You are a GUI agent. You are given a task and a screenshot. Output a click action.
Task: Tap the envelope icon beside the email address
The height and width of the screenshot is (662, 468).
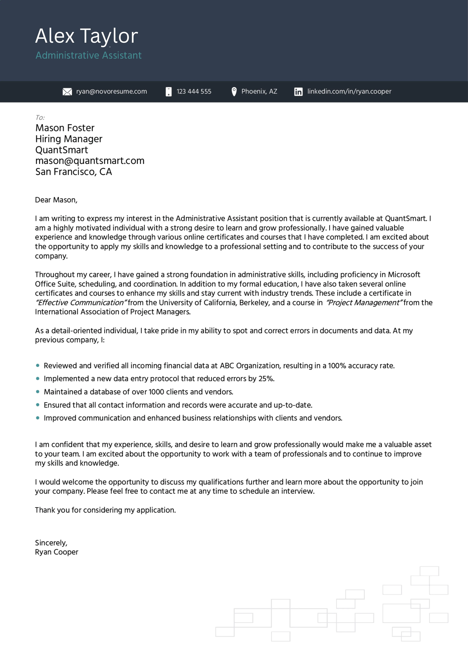(x=67, y=92)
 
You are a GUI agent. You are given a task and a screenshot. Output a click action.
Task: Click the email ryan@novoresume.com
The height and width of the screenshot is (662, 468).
(x=111, y=91)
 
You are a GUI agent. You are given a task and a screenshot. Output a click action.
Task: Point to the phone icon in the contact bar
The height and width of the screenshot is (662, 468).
(x=169, y=92)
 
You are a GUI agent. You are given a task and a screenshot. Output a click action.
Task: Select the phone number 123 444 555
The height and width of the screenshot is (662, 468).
(x=194, y=91)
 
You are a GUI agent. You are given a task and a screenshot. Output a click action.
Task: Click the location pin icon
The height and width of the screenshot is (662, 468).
(x=234, y=91)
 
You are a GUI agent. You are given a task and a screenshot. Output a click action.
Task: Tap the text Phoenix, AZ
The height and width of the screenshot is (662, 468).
(x=259, y=91)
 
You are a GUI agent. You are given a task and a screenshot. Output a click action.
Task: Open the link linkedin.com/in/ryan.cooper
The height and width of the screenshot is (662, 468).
(x=349, y=91)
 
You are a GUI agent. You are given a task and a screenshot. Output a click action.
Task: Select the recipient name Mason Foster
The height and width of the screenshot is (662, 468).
(x=65, y=128)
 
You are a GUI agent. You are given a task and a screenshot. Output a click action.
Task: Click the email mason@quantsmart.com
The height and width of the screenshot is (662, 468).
(x=90, y=161)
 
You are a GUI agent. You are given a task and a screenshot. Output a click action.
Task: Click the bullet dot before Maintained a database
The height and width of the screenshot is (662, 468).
(x=38, y=392)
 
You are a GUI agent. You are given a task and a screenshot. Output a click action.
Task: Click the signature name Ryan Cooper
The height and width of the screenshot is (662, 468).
(x=57, y=552)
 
